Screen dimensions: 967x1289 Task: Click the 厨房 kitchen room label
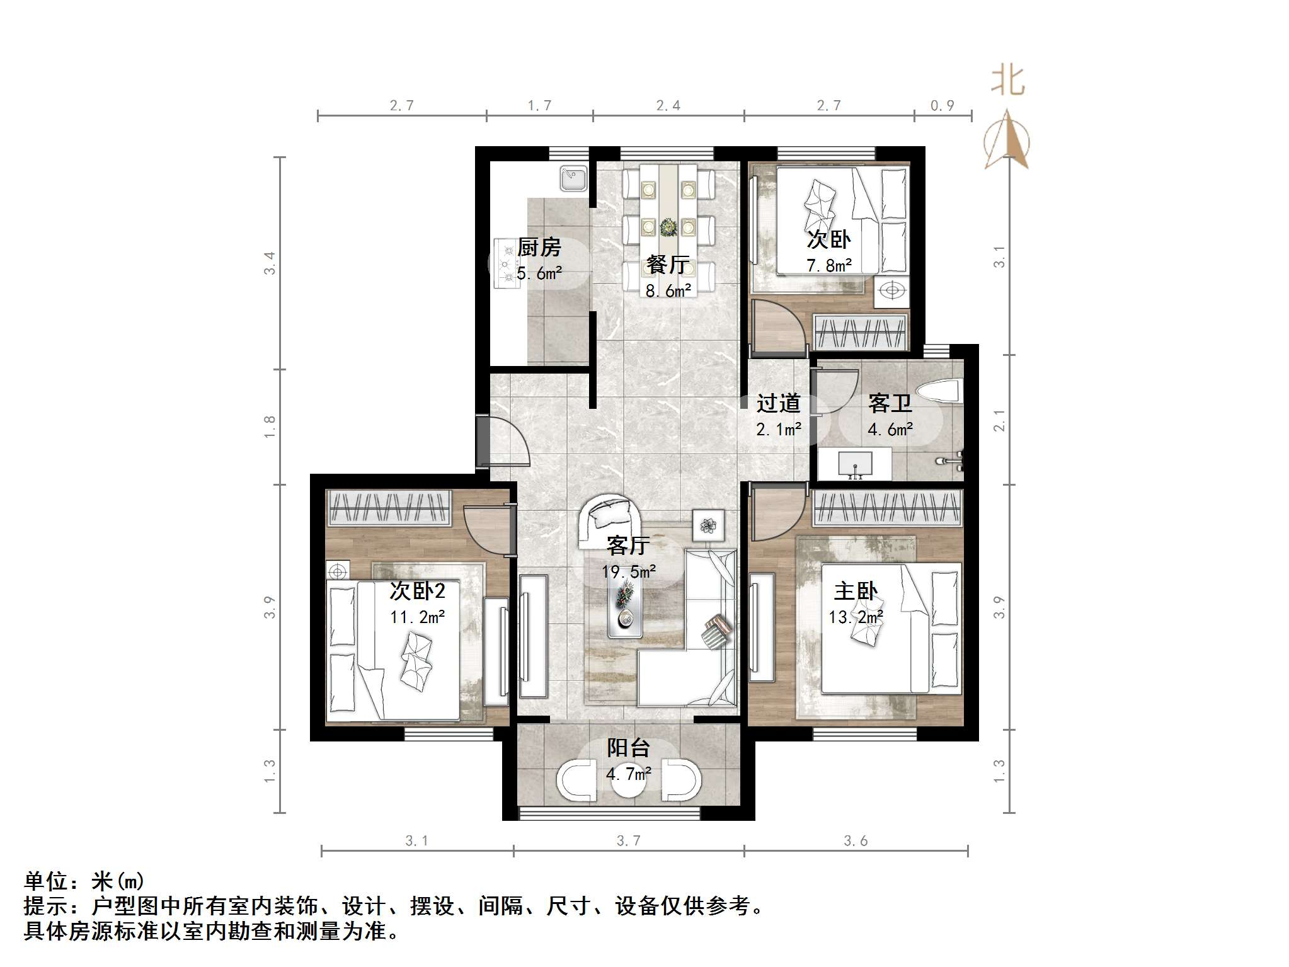(x=539, y=247)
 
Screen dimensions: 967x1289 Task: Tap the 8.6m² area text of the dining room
(x=668, y=290)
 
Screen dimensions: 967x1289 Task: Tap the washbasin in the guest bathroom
(x=854, y=464)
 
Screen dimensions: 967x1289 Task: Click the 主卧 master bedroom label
(x=856, y=591)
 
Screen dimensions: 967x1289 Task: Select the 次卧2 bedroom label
(x=417, y=590)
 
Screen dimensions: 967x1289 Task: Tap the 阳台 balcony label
(x=628, y=748)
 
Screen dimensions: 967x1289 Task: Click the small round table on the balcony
(x=628, y=781)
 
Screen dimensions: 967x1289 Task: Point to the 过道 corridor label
(x=778, y=403)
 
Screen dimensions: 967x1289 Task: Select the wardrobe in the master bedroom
(x=886, y=508)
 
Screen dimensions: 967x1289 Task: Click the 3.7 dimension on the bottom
(x=628, y=840)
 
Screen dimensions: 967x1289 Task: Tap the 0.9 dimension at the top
(x=942, y=106)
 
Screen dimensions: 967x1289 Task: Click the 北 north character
(x=1008, y=81)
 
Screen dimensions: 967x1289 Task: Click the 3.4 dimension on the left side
(x=270, y=263)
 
